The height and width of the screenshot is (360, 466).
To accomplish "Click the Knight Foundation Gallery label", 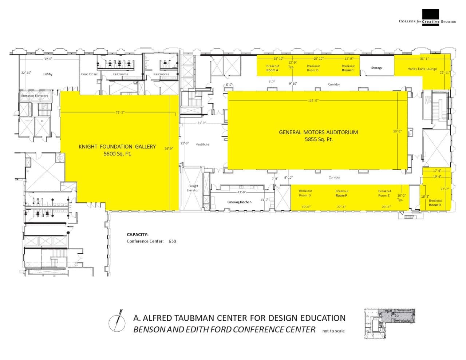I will (x=117, y=146).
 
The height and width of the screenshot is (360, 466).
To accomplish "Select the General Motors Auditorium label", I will (x=318, y=132).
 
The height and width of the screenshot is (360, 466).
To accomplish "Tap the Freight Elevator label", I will (x=193, y=188).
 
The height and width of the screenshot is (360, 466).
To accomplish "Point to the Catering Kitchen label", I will (x=239, y=202).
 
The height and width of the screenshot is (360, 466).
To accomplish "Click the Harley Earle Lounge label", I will (x=422, y=69).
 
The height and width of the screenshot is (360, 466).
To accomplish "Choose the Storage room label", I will (x=376, y=68).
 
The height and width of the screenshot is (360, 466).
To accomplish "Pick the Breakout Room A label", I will (x=272, y=68).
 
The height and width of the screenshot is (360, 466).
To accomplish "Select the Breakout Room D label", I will (x=435, y=203).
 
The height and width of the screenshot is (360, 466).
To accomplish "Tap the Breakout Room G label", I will (x=305, y=193).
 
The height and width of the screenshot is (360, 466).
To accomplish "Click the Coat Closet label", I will (x=89, y=74).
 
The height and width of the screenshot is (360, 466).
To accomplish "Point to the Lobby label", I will (x=48, y=74).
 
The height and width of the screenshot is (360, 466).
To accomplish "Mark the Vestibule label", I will (x=202, y=144).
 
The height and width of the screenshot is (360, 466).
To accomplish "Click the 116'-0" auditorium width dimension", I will (x=313, y=100).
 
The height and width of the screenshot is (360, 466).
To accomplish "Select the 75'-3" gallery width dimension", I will (x=120, y=112).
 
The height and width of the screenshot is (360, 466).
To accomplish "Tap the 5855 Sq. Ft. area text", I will (x=319, y=139).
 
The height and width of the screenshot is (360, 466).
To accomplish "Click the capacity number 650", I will (x=172, y=241).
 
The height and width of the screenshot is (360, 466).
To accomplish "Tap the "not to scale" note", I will (x=333, y=331).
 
